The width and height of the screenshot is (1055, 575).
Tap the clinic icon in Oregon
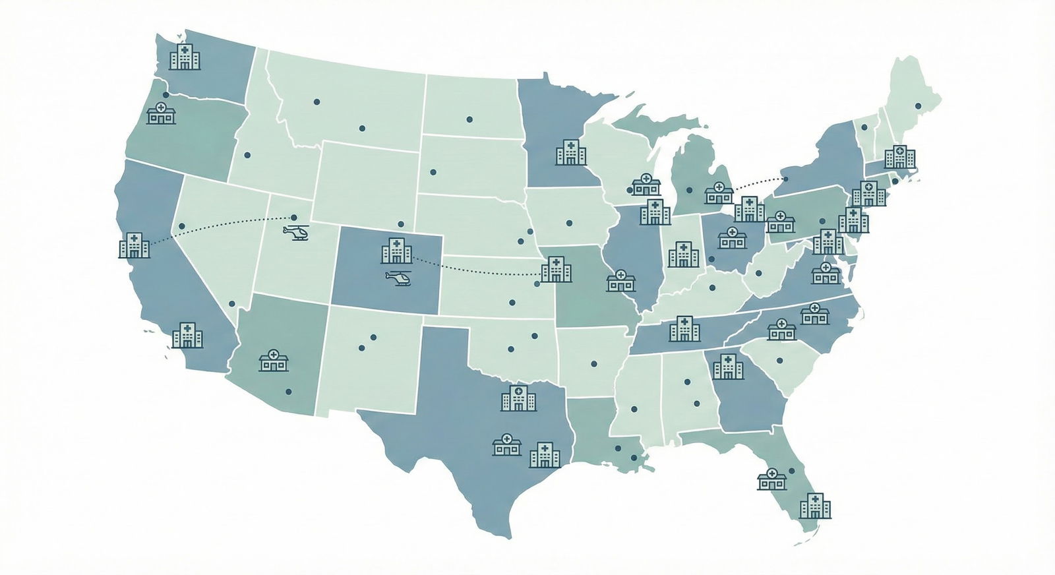pos(161,113)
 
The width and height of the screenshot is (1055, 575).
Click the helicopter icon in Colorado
pos(398,279)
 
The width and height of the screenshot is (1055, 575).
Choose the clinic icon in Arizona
pos(274,360)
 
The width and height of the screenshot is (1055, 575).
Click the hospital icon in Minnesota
pos(570,152)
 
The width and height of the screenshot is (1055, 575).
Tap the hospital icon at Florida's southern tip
pos(815,505)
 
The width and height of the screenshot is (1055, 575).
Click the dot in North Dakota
pos(469,119)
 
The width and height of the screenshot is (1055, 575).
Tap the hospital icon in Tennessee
pos(684,328)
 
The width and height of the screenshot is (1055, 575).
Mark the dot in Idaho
pos(247,155)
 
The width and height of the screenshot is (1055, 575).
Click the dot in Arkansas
pos(594,363)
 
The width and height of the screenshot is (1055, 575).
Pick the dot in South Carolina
pos(779,361)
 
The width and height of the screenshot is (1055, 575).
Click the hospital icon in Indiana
pos(683,254)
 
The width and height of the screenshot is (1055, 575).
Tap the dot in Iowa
pos(568,222)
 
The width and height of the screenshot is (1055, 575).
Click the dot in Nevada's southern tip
pos(231,304)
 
